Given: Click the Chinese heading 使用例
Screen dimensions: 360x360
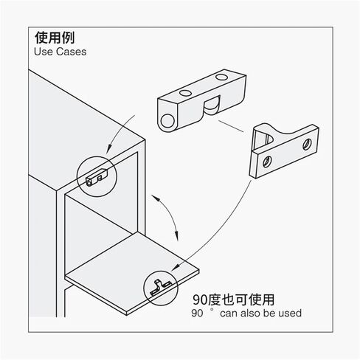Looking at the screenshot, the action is [55, 38].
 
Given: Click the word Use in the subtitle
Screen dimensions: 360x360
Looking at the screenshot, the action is [44, 52].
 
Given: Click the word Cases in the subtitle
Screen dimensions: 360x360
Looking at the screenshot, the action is [71, 52].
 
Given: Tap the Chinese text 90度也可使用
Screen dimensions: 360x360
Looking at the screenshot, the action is [233, 300].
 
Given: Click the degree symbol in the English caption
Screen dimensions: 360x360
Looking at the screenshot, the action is [212, 310].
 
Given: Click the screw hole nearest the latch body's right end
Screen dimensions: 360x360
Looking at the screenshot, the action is [221, 77].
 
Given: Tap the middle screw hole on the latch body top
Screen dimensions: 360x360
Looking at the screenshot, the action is [185, 93].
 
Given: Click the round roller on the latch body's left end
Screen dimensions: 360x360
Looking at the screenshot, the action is [167, 121].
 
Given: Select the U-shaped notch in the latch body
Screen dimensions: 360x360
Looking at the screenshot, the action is [211, 108].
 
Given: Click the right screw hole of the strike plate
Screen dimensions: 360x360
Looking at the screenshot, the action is [307, 145].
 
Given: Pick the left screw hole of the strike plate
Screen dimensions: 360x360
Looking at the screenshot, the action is [267, 162].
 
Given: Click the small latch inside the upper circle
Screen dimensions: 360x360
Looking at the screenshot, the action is [97, 177].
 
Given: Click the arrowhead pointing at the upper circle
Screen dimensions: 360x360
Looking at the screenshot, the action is [109, 149].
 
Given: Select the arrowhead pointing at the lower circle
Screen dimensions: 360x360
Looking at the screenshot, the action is [175, 268].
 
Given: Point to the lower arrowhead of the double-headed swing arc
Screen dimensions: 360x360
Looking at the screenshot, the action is [176, 235].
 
